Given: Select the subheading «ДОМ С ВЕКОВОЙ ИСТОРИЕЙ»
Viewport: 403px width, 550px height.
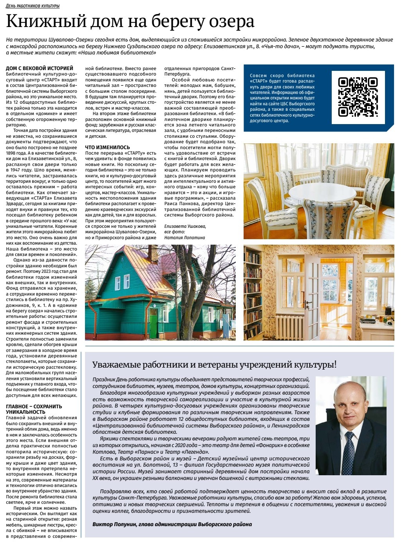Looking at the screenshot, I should coord(40,68).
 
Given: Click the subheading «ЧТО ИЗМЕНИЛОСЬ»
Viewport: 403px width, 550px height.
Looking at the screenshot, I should coord(107,147).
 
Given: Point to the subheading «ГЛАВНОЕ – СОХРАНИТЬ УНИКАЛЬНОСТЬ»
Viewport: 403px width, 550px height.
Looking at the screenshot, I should coord(34,409).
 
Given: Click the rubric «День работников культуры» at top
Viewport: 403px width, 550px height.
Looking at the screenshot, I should coord(33,6).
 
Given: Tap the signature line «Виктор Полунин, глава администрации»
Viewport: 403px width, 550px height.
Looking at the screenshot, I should coord(172,524).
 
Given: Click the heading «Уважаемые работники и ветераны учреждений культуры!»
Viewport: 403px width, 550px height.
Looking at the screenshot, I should coord(214,364).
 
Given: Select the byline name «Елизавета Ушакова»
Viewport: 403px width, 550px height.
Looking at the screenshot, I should coord(185,226).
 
